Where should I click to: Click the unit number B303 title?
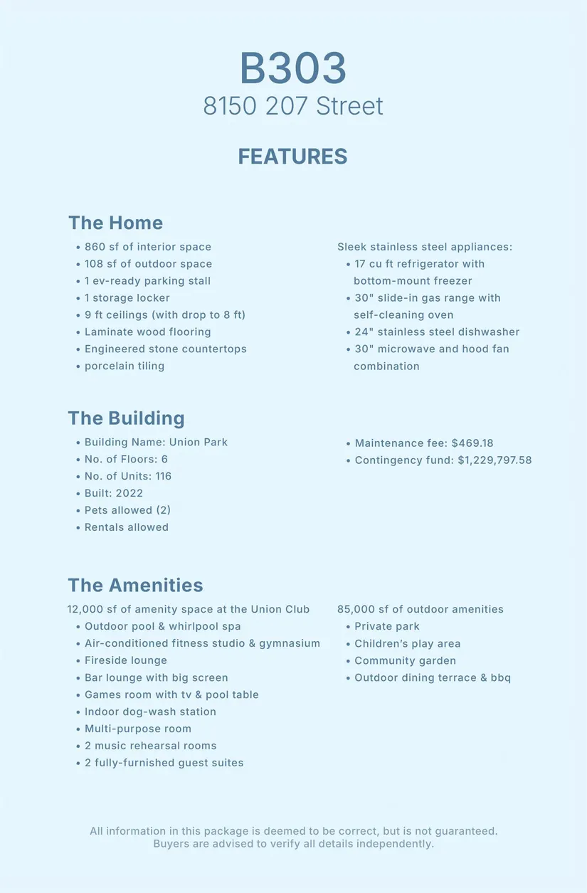coord(292,68)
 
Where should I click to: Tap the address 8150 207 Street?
coord(292,106)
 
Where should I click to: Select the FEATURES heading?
coord(292,157)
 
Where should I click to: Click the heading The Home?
coord(115,223)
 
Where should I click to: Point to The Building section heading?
coord(126,418)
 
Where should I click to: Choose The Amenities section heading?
coord(135,585)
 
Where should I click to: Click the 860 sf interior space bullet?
coord(147,247)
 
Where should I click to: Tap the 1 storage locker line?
coord(127,298)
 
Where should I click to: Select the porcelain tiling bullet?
coord(124,366)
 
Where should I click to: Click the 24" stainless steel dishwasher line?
coord(437,332)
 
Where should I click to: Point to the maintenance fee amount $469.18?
coord(472,443)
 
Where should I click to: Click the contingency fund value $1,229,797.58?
coord(495,460)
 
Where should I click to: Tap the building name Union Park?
coord(199,442)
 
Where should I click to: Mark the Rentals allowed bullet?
coord(126,527)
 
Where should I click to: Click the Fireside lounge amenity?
coord(125,660)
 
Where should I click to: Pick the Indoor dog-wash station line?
coord(149,712)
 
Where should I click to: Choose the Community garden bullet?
coord(405,660)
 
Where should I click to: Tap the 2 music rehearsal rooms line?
coord(150,746)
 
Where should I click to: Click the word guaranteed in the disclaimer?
coord(465,831)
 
